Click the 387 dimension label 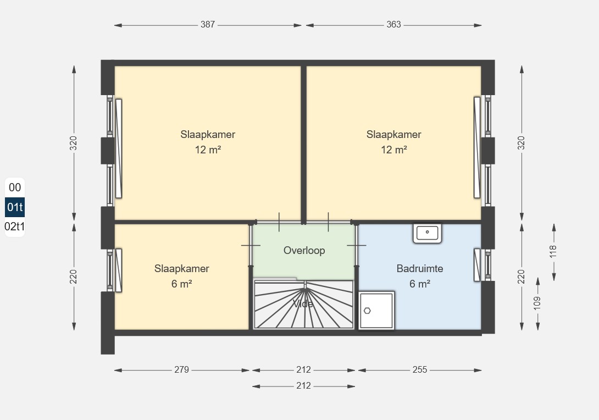[x=207, y=24]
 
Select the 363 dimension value [x=393, y=24]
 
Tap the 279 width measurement [x=181, y=369]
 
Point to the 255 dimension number [x=419, y=369]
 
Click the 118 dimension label [x=553, y=251]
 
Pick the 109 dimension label [x=537, y=303]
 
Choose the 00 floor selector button [x=15, y=187]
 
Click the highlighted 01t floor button [x=15, y=207]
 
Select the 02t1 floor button [x=14, y=226]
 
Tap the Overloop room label [x=304, y=250]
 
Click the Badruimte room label [x=420, y=268]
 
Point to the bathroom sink [x=427, y=233]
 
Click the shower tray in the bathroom [x=376, y=310]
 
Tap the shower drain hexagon [x=367, y=311]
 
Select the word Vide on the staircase [x=303, y=304]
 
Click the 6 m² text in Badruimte [x=420, y=284]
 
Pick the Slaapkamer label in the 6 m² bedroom [x=181, y=268]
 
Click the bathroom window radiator [x=477, y=265]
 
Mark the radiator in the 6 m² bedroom [x=118, y=270]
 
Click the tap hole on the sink [x=427, y=231]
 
